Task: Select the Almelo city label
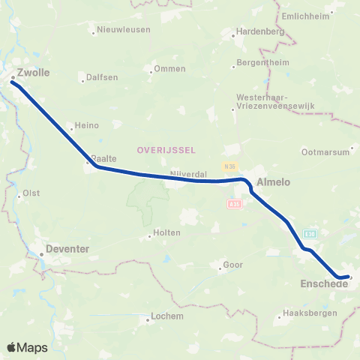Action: [x=273, y=182]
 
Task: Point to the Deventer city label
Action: [x=68, y=247]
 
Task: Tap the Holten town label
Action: [x=166, y=232]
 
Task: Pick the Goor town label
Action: [x=232, y=265]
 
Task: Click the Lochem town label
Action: [x=167, y=316]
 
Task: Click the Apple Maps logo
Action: [x=27, y=347]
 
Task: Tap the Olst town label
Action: [x=31, y=193]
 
